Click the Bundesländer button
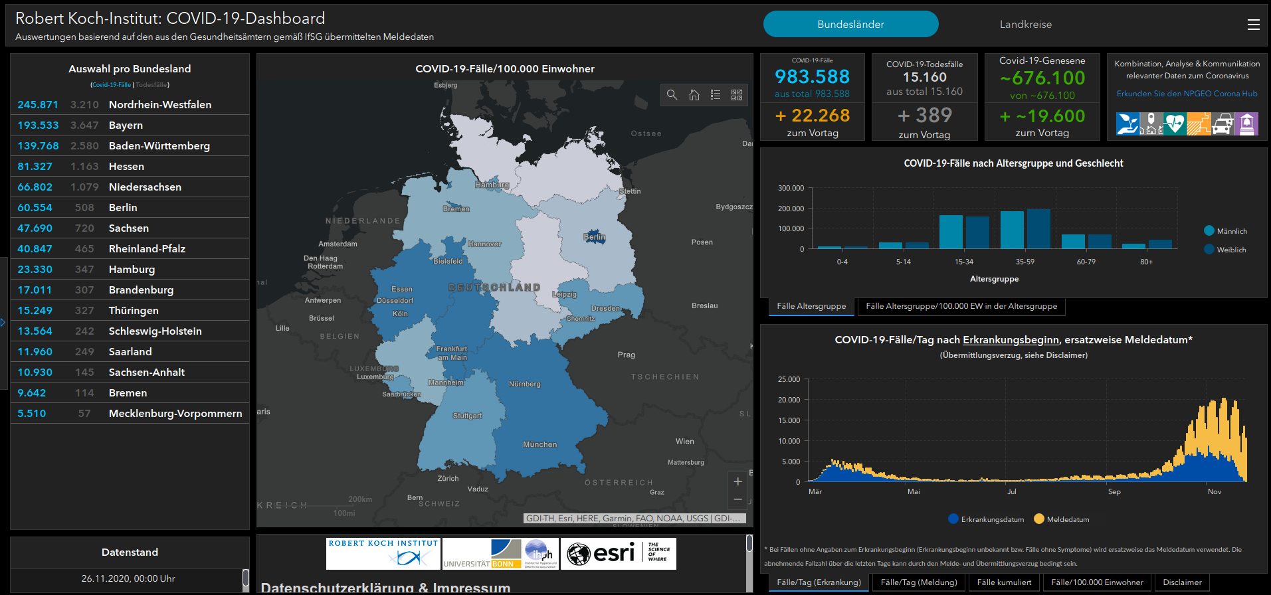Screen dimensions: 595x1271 point(850,25)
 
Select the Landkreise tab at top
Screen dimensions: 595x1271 point(1025,25)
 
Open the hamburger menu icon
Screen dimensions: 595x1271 point(1253,25)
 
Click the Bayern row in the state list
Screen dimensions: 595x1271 point(126,126)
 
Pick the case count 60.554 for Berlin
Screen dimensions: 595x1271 point(35,208)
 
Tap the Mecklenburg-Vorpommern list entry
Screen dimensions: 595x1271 point(175,414)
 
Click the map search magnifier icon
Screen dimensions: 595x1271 point(672,95)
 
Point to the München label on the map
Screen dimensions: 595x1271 point(539,445)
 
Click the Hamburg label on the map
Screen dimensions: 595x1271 point(492,185)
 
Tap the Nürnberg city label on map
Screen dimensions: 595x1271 point(524,384)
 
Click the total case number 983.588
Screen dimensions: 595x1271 point(812,77)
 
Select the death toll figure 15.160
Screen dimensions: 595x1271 point(924,77)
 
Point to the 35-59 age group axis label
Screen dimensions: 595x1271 point(1025,262)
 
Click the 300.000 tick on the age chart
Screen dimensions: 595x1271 point(791,189)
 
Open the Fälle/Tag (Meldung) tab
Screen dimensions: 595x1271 point(918,582)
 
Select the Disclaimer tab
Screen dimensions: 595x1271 point(1182,582)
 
